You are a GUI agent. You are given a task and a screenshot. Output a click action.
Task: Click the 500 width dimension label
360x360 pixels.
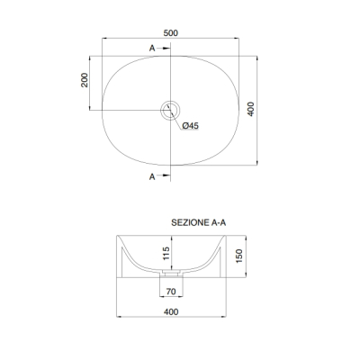[x=171, y=33]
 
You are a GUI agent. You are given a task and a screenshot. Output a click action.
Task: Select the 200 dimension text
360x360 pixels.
[x=85, y=80]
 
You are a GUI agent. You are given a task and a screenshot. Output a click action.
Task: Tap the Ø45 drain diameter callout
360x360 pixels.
[x=191, y=126]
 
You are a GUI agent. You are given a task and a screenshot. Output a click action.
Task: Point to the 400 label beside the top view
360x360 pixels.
[x=251, y=109]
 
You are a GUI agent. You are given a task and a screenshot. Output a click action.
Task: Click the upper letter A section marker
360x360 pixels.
[x=152, y=48]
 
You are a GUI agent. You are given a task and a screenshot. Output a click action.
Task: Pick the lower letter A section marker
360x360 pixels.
[x=152, y=177]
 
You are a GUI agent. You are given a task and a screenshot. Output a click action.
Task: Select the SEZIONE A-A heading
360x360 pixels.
[x=199, y=222]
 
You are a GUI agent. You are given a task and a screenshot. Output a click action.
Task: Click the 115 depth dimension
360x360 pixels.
[x=166, y=253]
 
